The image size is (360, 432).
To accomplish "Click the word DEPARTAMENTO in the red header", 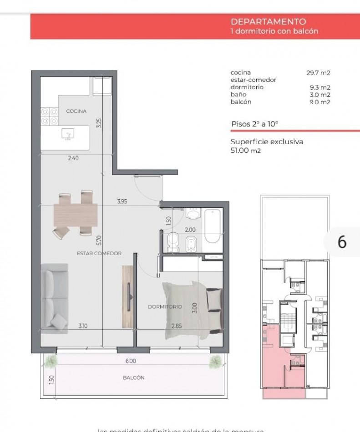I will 268,22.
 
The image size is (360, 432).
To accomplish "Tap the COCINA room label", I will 76,111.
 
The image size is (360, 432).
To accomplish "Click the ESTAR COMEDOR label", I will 99,253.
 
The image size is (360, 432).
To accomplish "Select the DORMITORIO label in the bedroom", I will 165,307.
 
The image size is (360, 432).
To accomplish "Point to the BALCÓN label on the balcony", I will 133,378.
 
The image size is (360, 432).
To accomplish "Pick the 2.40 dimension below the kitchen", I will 73,159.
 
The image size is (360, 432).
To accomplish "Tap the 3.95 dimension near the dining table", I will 122,201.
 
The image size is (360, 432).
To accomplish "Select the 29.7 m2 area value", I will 318,73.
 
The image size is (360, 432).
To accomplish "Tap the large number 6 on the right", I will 342,242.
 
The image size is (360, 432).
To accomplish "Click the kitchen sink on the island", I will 68,134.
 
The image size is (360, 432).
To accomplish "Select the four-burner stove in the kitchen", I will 49,116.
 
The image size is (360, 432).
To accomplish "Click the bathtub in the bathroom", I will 213,226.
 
